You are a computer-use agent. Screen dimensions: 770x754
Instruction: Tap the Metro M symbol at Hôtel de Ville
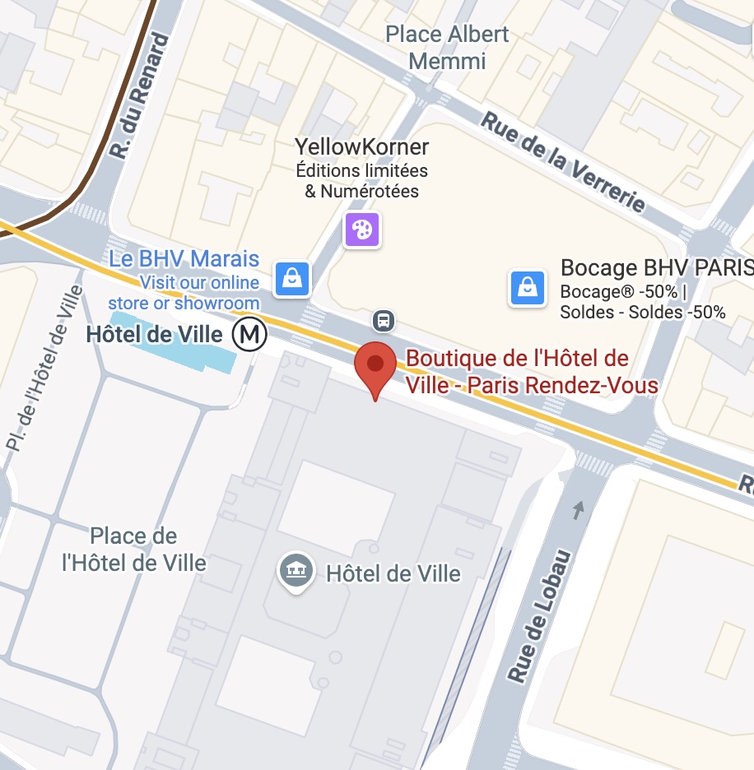[249, 335]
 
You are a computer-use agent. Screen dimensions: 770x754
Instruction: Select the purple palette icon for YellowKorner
[362, 229]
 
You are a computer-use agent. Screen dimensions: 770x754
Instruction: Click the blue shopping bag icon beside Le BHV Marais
[292, 278]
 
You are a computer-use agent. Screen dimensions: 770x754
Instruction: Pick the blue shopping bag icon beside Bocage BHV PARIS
[528, 288]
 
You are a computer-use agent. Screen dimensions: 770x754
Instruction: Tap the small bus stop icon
[383, 319]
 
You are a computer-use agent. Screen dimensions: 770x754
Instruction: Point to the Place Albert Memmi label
[448, 48]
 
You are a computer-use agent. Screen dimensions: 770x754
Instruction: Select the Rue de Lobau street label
[540, 615]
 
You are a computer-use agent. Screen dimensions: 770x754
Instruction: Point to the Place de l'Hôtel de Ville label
[134, 550]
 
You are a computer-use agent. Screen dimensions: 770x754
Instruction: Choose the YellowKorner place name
[362, 147]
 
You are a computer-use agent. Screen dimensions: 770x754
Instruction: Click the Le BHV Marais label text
[184, 260]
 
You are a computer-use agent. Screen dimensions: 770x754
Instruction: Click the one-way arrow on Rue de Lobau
[579, 510]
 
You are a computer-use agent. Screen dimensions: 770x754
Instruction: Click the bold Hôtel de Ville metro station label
[155, 335]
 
